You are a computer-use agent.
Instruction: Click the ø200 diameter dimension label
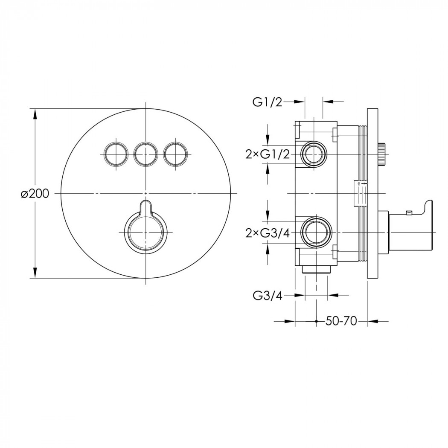tap(35, 194)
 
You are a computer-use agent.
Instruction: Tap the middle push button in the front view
tap(146, 154)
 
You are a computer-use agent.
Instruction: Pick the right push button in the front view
tap(175, 154)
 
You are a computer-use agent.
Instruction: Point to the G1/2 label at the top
tap(267, 102)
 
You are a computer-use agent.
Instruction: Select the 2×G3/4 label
tap(268, 233)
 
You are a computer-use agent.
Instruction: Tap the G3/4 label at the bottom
tap(268, 296)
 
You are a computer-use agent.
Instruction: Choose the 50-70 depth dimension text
tap(341, 321)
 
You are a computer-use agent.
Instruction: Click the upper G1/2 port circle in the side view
tap(314, 154)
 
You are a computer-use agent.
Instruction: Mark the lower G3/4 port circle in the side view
tap(316, 233)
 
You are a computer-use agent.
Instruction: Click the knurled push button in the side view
tap(381, 154)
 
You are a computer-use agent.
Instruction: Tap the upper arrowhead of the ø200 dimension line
tap(35, 114)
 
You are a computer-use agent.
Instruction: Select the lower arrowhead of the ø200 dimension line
tap(35, 272)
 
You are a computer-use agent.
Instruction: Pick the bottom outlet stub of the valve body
tap(316, 270)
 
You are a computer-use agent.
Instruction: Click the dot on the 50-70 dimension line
tap(316, 321)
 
